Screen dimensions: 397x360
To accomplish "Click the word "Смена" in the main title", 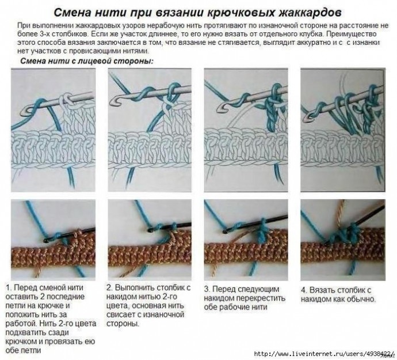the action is [72, 13].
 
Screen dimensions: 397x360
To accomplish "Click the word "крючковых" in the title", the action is [241, 13].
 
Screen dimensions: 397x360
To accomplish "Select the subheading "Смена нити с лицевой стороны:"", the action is [87, 61].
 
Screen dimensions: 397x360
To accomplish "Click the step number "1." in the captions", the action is [9, 288].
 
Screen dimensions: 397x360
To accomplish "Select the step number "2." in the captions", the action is [109, 288].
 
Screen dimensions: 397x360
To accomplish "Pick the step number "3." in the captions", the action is [207, 289].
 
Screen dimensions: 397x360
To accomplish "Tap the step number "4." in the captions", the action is [304, 290].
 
